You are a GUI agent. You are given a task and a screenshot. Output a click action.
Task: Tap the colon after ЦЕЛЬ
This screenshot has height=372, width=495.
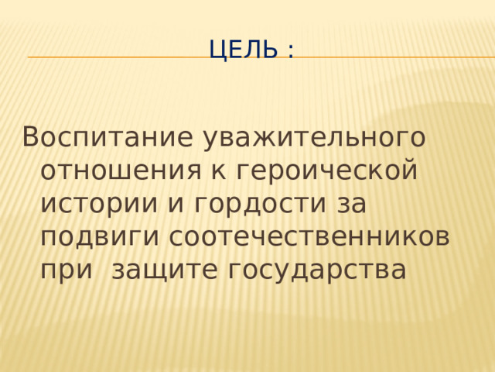[x=290, y=53]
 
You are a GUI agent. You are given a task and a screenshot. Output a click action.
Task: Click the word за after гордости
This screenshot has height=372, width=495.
[x=352, y=203]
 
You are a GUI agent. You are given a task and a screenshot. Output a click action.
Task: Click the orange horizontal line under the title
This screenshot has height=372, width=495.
[x=116, y=57]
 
